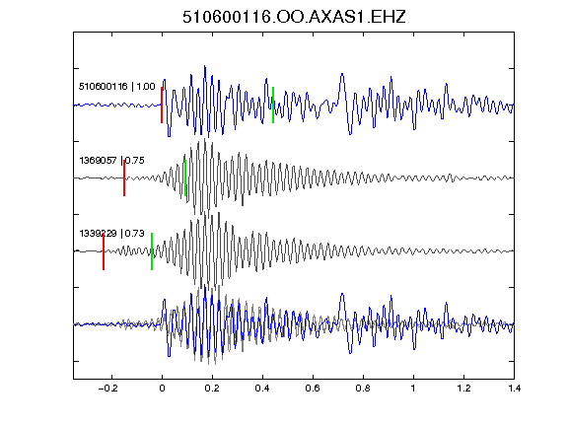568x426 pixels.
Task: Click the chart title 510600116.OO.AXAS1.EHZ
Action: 294,17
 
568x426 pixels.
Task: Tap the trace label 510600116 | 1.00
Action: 116,86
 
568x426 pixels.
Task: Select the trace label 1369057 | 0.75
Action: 111,160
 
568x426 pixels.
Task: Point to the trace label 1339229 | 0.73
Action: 111,234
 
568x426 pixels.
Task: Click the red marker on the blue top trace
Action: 162,106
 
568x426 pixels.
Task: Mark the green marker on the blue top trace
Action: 273,106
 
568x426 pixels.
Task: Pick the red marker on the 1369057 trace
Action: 124,177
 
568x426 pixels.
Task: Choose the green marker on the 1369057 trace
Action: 185,177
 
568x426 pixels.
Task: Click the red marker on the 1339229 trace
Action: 104,251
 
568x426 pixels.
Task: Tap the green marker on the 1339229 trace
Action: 152,251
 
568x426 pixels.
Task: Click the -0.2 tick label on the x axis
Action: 107,389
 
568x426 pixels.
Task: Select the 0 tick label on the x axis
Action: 162,389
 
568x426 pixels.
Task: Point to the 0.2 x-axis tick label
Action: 212,389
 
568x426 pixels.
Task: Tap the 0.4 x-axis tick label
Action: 262,389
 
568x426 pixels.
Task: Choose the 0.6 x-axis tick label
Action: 313,389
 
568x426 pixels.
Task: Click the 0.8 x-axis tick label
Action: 363,389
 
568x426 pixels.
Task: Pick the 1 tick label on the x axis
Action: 413,389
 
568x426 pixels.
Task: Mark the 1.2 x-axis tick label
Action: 463,389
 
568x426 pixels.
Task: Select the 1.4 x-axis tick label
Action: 515,389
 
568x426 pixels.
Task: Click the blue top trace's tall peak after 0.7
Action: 342,74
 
